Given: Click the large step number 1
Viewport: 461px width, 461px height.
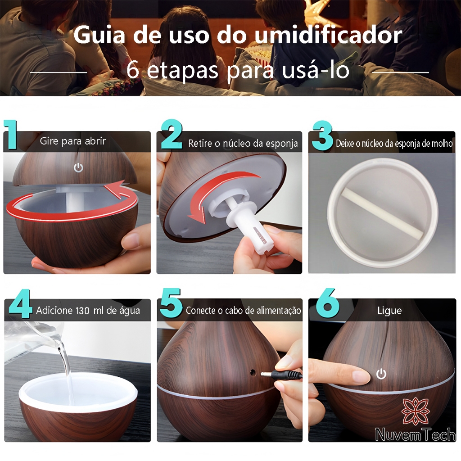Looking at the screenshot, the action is tap(11, 135).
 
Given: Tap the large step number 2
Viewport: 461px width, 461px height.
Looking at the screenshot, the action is tap(172, 134).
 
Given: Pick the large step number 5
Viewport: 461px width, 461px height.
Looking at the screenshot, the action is tap(171, 303).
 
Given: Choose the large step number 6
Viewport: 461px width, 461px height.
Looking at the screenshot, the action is tap(328, 303).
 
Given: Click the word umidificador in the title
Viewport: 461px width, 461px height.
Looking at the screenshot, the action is tap(328, 35).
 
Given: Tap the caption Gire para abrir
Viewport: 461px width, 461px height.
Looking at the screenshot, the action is tap(72, 141).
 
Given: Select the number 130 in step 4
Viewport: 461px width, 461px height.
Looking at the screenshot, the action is tap(82, 311).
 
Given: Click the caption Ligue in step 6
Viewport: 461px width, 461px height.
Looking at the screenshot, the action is tap(389, 311).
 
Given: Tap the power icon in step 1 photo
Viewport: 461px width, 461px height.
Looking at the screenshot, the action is tap(78, 167).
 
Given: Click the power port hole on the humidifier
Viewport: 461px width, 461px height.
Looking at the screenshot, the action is tap(252, 372).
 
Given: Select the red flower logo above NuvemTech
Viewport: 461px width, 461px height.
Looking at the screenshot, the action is tap(416, 411).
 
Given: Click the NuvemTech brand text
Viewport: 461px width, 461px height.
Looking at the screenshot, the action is tap(416, 434).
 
